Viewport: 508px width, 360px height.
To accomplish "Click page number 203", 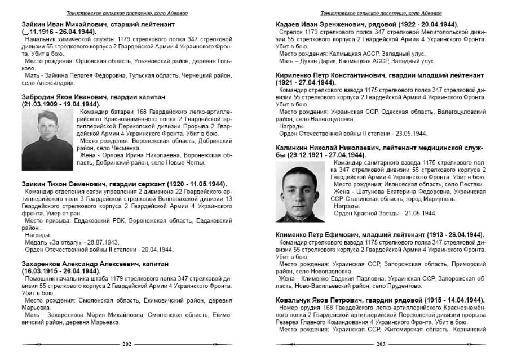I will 381,343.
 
